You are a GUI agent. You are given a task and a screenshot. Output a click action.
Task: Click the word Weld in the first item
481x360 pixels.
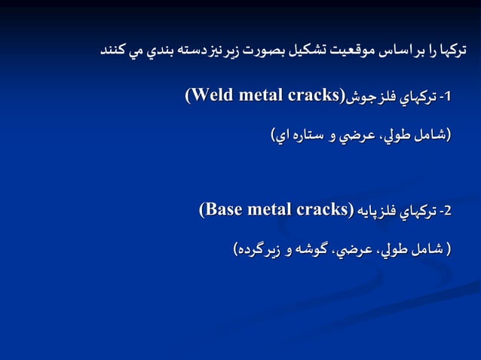(x=213, y=96)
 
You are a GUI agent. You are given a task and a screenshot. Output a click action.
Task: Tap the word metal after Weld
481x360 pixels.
(x=259, y=96)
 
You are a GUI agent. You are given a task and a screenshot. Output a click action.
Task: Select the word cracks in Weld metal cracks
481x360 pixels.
(x=312, y=96)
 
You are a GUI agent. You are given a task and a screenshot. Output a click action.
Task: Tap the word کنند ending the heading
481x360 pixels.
(x=114, y=51)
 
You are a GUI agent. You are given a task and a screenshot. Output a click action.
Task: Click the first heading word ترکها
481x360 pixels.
(x=452, y=51)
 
